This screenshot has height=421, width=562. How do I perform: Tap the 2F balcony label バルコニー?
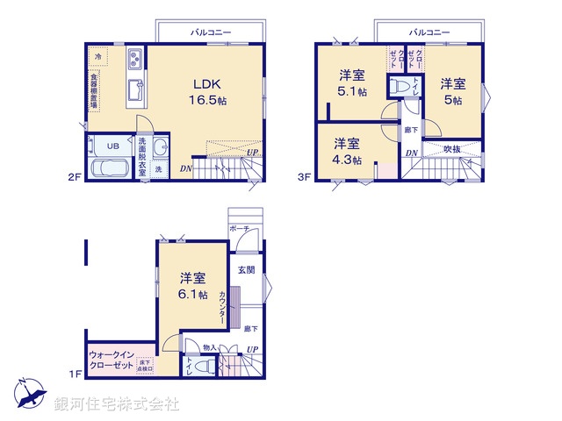(211, 32)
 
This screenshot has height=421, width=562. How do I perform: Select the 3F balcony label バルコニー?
(429, 32)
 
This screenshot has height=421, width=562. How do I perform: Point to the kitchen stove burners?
(137, 61)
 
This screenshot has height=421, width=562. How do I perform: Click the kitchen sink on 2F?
(137, 90)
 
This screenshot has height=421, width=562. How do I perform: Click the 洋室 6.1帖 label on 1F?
(191, 286)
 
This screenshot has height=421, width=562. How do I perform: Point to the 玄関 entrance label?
(246, 270)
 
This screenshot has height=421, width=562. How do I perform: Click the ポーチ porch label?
(239, 229)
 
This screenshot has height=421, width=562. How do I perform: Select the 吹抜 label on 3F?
(451, 149)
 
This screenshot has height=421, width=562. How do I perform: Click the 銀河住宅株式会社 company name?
(117, 403)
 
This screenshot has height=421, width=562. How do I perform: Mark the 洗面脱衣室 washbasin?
(160, 147)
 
